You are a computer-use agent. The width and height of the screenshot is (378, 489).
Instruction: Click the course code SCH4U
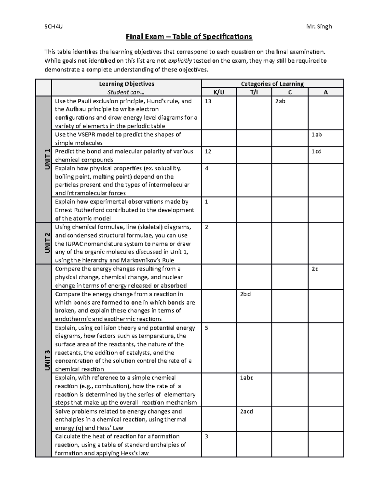pos(54,26)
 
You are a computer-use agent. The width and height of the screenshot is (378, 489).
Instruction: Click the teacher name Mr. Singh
pos(319,26)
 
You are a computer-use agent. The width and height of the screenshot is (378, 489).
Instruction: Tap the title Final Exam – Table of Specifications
pos(189,37)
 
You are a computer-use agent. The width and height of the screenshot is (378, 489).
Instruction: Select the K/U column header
pos(219,92)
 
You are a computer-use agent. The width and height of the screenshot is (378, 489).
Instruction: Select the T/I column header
pos(254,92)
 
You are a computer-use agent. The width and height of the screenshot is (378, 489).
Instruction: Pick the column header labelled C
pos(290,92)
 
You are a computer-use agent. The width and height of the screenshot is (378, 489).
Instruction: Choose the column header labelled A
pos(326,92)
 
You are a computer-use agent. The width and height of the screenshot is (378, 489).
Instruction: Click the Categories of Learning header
pos(272,84)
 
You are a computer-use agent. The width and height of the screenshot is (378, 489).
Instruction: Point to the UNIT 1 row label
pos(47,159)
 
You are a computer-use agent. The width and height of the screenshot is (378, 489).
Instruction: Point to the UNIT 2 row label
pos(47,243)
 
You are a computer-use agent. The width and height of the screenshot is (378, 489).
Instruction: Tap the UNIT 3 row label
pos(47,360)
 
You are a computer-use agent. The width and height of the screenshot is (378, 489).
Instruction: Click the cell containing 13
pos(208,101)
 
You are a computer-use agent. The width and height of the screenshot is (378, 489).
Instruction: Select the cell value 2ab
pos(280,101)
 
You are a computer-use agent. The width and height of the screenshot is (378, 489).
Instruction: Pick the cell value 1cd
pos(316,151)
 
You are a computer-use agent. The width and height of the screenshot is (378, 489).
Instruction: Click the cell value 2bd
pos(245,294)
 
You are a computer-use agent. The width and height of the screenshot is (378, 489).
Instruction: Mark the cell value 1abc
pos(246,378)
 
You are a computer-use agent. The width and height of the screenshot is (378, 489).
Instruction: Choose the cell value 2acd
pos(246,412)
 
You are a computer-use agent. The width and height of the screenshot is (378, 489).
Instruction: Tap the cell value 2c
pos(315,269)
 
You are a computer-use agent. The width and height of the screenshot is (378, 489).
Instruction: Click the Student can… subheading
pos(126,92)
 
